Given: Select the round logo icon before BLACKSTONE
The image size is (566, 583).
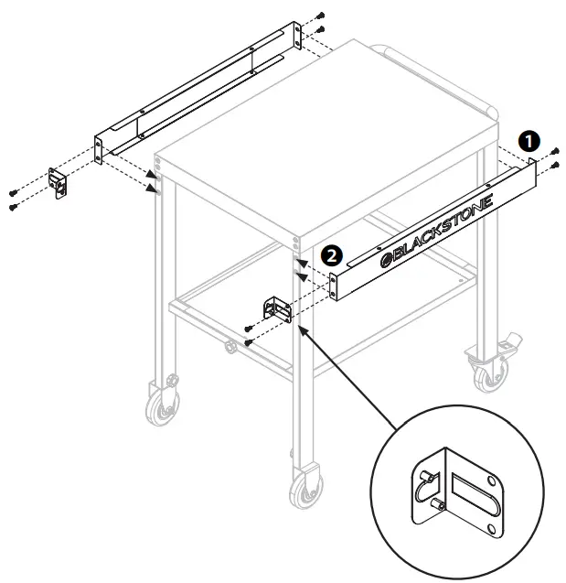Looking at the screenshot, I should pos(386,261).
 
